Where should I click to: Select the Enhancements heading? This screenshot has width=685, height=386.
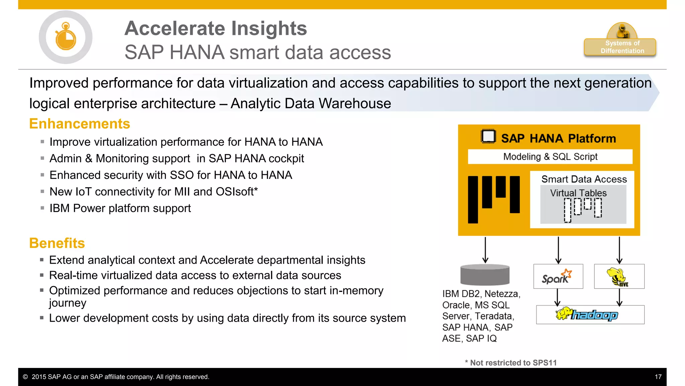pyautogui.click(x=80, y=124)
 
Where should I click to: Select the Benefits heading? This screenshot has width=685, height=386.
pyautogui.click(x=57, y=243)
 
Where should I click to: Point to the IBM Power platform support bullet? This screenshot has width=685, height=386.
pyautogui.click(x=120, y=208)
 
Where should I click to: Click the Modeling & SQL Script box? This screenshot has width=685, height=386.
pyautogui.click(x=550, y=156)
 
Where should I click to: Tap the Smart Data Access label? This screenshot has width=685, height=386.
pyautogui.click(x=584, y=179)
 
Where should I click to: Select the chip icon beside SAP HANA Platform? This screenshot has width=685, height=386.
pyautogui.click(x=488, y=136)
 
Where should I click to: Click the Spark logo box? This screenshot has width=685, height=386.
pyautogui.click(x=558, y=276)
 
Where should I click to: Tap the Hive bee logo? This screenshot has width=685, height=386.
pyautogui.click(x=617, y=277)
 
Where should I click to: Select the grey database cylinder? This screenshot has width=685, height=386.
pyautogui.click(x=485, y=275)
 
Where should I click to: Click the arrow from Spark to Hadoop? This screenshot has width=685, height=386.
pyautogui.click(x=557, y=297)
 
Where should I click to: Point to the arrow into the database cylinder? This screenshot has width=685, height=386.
pyautogui.click(x=485, y=250)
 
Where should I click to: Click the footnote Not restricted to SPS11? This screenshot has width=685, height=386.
pyautogui.click(x=511, y=363)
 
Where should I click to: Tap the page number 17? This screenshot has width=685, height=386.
pyautogui.click(x=658, y=377)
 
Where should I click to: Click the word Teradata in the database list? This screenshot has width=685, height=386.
pyautogui.click(x=494, y=316)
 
